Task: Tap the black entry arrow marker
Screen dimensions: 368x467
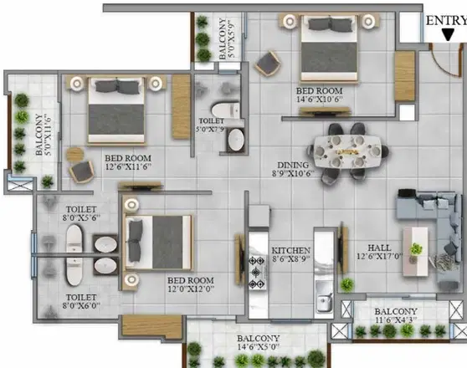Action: point(449,36)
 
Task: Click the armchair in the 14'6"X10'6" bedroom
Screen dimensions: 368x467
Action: point(269,63)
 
